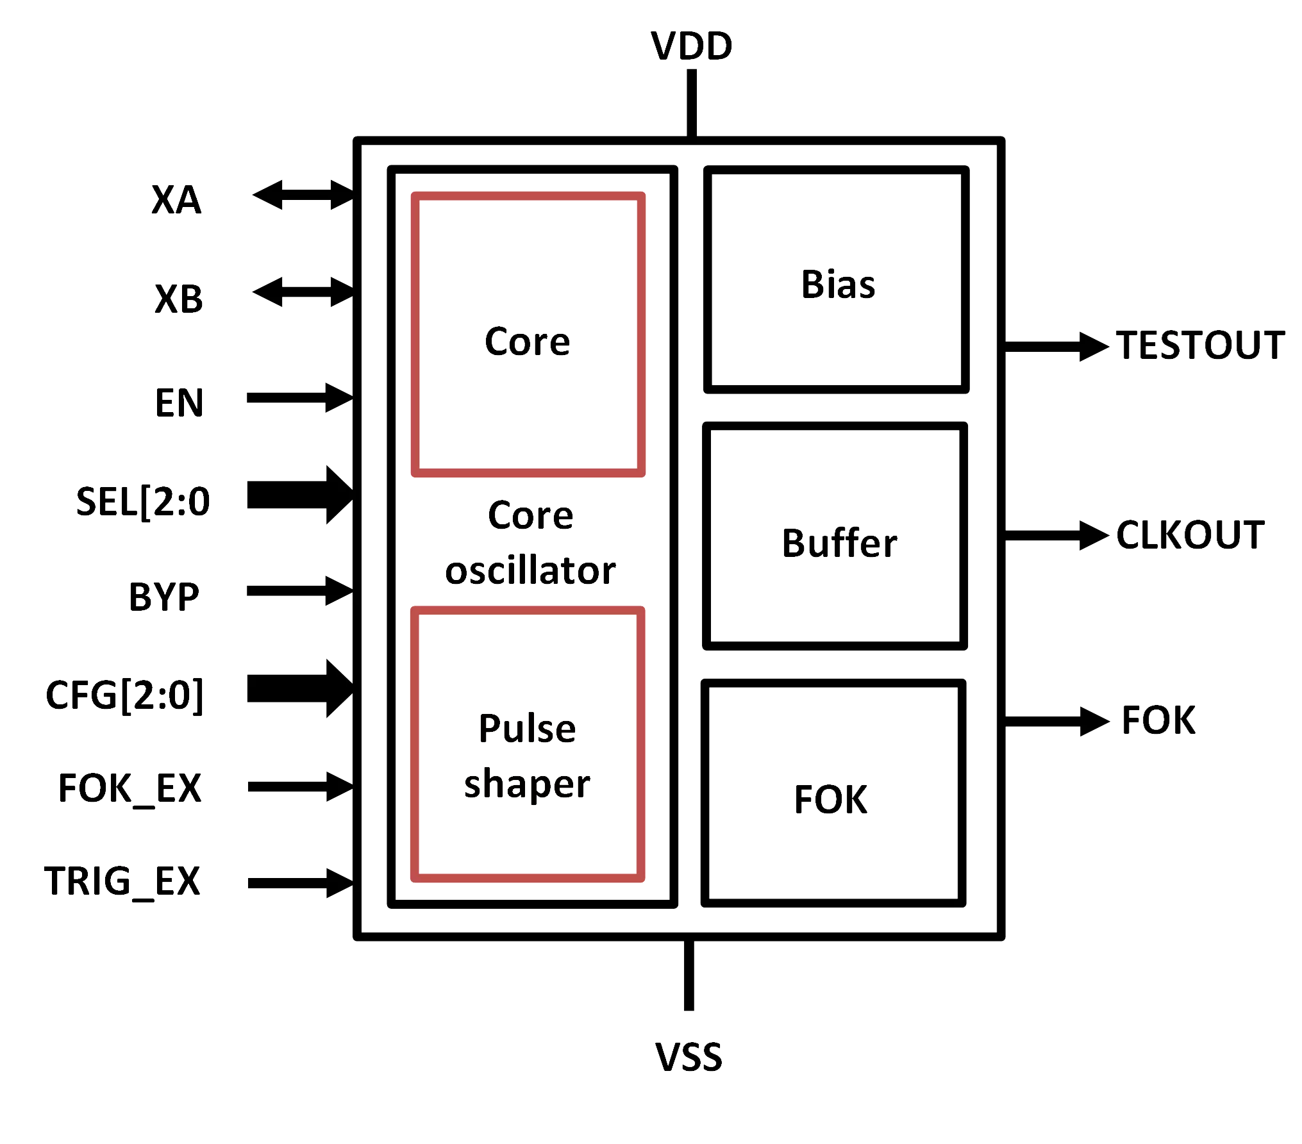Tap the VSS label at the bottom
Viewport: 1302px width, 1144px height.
click(689, 1056)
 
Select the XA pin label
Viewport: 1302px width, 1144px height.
click(177, 200)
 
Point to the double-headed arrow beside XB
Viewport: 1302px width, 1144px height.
click(302, 292)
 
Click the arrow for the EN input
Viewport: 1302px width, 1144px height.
click(299, 398)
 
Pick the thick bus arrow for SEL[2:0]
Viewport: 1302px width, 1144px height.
click(299, 495)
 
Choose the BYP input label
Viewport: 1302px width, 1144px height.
click(164, 597)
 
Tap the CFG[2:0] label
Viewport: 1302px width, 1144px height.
click(126, 695)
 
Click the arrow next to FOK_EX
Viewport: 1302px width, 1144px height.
click(299, 786)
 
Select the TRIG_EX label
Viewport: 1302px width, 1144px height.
click(122, 881)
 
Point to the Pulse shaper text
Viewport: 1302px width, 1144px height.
click(526, 756)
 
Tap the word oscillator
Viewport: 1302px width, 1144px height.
click(530, 570)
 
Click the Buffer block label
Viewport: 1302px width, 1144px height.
click(838, 543)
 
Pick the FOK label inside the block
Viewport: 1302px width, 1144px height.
click(831, 800)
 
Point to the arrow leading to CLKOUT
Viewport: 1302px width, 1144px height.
click(1056, 535)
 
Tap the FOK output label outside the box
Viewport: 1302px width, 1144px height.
click(1158, 720)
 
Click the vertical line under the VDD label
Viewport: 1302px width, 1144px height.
click(690, 103)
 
